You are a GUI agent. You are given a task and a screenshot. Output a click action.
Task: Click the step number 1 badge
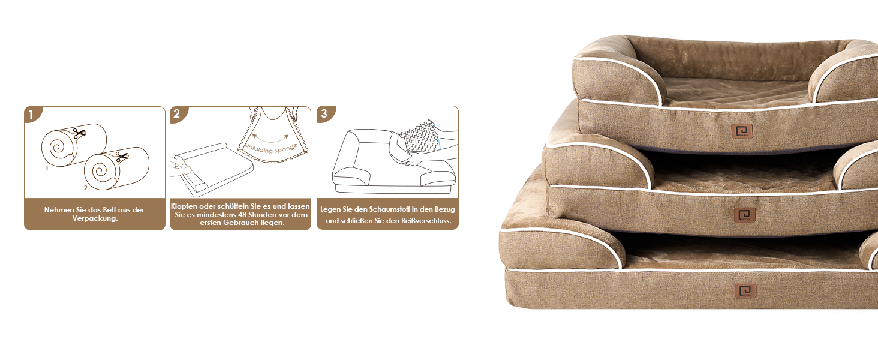[32, 114]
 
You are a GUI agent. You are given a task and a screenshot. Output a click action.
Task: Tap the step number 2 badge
[177, 114]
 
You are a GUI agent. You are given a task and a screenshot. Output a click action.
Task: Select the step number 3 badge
[324, 114]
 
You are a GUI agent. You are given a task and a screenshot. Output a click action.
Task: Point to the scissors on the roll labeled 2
[122, 157]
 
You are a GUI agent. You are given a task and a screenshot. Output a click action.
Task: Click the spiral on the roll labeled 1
[56, 147]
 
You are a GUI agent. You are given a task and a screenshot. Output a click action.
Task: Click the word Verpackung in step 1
[94, 219]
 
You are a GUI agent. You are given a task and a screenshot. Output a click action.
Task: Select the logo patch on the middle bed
[745, 214]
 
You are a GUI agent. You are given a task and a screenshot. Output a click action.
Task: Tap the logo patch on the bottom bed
[745, 291]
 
